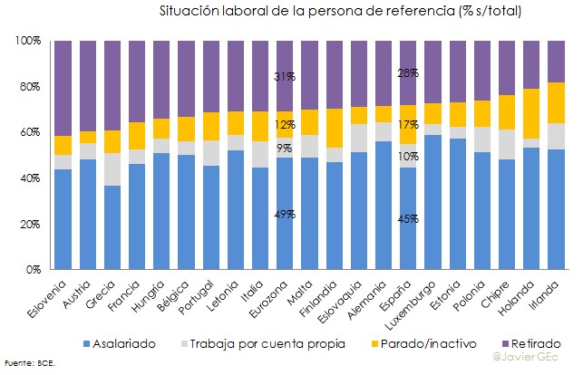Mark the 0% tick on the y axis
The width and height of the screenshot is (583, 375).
(34, 269)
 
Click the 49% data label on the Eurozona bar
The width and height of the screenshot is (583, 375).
(284, 214)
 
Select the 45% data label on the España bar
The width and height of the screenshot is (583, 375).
(407, 218)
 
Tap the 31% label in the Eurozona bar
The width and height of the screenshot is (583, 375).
(284, 77)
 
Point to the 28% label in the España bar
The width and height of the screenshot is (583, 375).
(407, 73)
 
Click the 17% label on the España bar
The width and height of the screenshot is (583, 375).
(407, 124)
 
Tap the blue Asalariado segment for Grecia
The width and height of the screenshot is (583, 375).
(112, 227)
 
